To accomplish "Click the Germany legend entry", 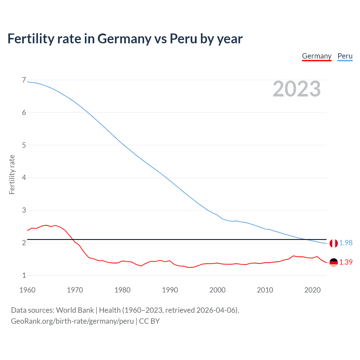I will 317,56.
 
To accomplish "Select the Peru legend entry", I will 345,56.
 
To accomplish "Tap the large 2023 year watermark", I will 296,89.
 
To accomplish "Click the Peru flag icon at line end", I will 334,243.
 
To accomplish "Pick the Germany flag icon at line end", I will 334,262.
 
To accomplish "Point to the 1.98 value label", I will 346,243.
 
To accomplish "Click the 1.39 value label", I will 346,262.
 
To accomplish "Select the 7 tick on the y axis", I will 24,80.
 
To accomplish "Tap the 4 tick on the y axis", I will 24,178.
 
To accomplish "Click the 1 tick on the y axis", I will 24,276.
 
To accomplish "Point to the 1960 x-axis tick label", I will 27,290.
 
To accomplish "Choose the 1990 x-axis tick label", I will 170,290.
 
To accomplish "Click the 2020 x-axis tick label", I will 312,290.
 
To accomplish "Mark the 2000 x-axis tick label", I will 217,290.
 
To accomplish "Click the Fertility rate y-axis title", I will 12,174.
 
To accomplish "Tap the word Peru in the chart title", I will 183,39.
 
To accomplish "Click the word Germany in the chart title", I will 124,39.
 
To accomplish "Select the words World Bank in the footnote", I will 75,310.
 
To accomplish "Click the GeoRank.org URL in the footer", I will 72,321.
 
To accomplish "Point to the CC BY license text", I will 149,321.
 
